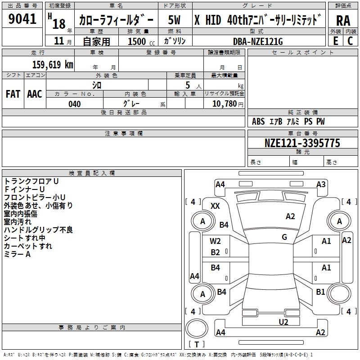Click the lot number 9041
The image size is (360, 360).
[x=22, y=19]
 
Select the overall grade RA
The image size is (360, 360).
[x=343, y=21]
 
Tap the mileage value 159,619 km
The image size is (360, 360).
[x=53, y=64]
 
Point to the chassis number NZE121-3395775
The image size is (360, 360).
[x=302, y=143]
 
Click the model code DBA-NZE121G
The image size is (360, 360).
[x=258, y=41]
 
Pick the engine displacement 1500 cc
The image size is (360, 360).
[x=141, y=42]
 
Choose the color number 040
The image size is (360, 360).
[x=75, y=104]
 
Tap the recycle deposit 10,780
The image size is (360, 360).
[x=225, y=104]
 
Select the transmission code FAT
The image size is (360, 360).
[x=13, y=94]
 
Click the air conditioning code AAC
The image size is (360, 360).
[x=35, y=94]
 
